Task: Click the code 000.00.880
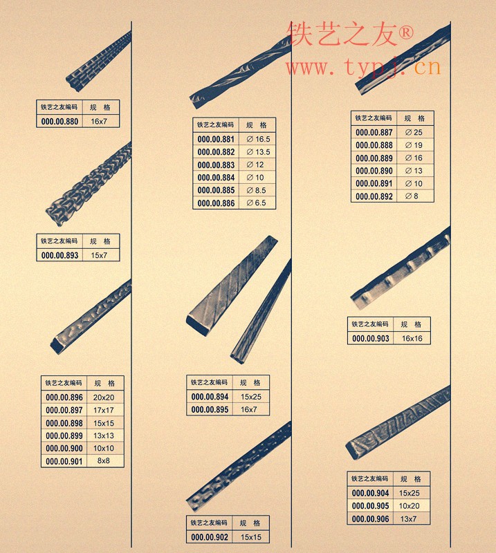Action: click(x=59, y=122)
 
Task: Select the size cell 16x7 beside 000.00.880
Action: click(x=99, y=122)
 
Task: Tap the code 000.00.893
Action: click(x=59, y=255)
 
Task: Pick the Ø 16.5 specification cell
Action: click(x=258, y=140)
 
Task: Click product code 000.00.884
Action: click(x=216, y=178)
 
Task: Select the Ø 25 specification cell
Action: click(x=414, y=132)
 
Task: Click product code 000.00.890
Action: click(x=374, y=171)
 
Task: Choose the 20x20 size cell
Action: click(x=104, y=397)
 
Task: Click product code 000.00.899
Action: click(x=64, y=435)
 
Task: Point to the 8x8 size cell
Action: click(x=104, y=460)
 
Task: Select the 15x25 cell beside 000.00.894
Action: click(x=251, y=397)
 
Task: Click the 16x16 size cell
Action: click(x=412, y=339)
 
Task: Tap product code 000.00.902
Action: click(x=210, y=537)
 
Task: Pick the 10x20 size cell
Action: click(x=409, y=506)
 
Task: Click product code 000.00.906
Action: click(x=370, y=519)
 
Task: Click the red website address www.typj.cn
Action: click(x=364, y=67)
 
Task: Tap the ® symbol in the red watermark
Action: click(x=405, y=32)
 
